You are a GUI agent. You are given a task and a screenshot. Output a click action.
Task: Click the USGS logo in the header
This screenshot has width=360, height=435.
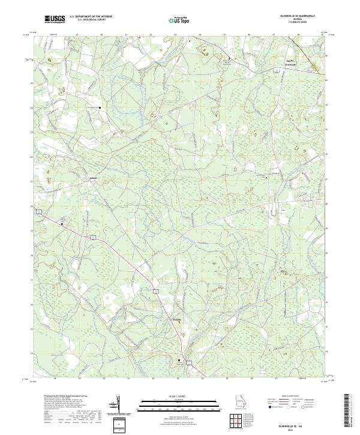click(x=55, y=20)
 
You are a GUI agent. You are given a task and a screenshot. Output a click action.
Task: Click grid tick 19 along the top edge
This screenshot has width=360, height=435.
click(x=77, y=35)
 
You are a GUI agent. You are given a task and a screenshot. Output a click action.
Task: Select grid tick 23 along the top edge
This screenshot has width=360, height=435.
click(x=175, y=35)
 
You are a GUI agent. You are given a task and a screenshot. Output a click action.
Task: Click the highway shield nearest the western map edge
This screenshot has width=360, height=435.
click(x=38, y=212)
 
